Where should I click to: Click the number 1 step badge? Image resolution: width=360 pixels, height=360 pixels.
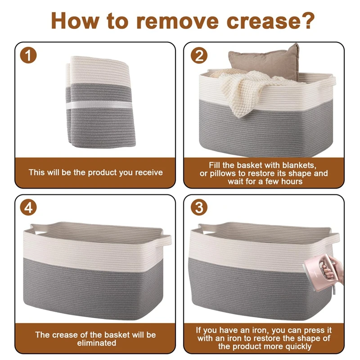pyautogui.click(x=28, y=55)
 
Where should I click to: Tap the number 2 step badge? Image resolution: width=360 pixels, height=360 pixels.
pyautogui.click(x=199, y=55)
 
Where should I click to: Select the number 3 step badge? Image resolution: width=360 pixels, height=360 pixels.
pyautogui.click(x=199, y=207)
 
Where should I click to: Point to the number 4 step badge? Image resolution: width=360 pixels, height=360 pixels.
pyautogui.click(x=28, y=207)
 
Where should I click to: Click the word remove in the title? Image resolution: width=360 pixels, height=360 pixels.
pyautogui.click(x=177, y=21)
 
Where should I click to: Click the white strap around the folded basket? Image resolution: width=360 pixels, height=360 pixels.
pyautogui.click(x=99, y=105)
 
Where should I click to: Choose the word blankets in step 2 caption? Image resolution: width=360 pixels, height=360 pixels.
pyautogui.click(x=299, y=165)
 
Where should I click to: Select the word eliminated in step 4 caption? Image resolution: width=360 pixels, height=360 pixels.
pyautogui.click(x=97, y=343)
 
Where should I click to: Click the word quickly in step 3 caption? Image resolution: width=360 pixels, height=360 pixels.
pyautogui.click(x=298, y=346)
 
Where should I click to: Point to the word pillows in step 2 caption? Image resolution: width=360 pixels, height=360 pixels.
pyautogui.click(x=221, y=174)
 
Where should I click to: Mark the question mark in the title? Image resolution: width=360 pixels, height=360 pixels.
pyautogui.click(x=307, y=21)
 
